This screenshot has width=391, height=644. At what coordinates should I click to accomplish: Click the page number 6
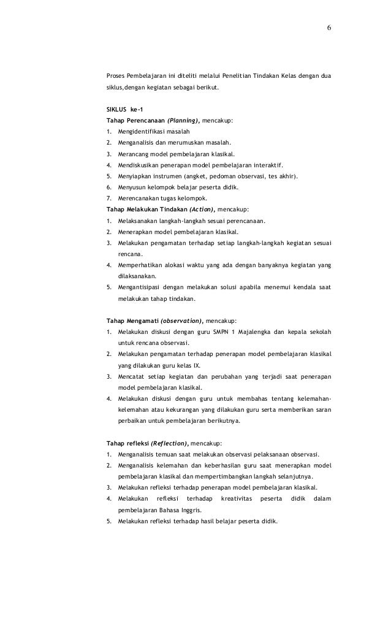tap(329, 28)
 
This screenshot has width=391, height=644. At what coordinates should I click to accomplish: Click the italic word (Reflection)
tap(169, 442)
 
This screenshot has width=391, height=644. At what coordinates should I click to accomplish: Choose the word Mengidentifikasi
tap(143, 132)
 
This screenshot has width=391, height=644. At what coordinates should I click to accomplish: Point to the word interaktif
tap(270, 165)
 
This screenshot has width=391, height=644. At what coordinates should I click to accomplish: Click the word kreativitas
tap(237, 499)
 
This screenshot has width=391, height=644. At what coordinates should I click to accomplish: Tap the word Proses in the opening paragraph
tap(116, 77)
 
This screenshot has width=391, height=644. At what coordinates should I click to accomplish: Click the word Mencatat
tap(132, 376)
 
